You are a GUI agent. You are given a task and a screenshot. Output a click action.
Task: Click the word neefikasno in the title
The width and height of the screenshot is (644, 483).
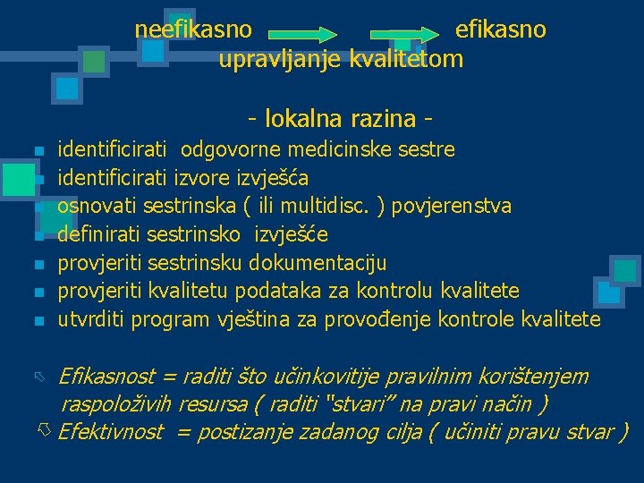193,30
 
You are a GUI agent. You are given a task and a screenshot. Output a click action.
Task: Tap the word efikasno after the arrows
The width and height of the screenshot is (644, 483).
500,30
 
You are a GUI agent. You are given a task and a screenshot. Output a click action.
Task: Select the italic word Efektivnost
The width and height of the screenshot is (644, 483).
110,433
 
